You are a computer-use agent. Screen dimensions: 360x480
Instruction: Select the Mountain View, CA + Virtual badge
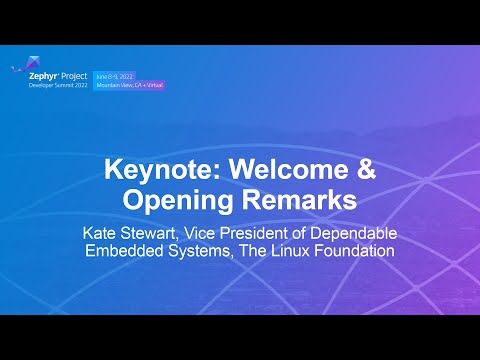click(130, 85)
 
